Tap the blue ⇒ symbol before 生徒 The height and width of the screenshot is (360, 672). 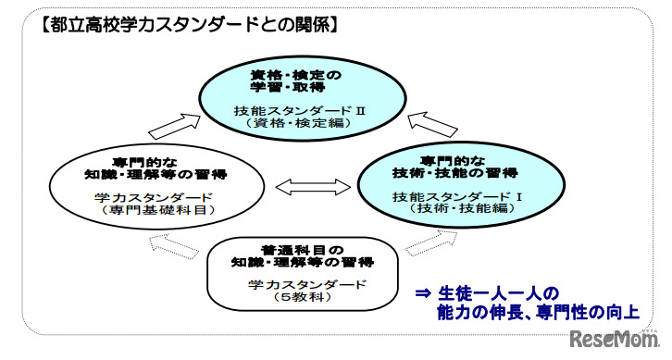coord(424,293)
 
